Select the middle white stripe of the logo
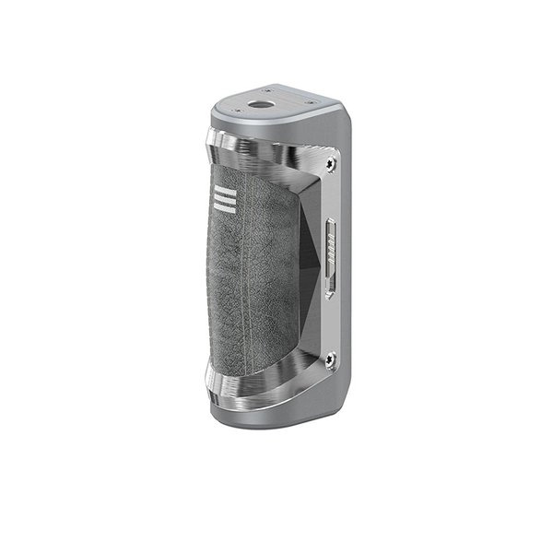(x=220, y=199)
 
